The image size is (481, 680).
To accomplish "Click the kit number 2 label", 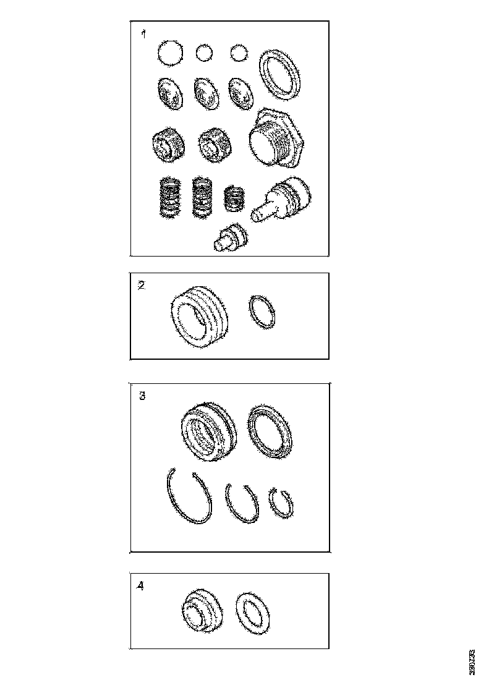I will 142,286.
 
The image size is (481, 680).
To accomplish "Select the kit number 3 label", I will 142,396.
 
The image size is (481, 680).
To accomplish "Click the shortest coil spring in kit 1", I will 233,198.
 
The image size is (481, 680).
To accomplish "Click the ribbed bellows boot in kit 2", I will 199,314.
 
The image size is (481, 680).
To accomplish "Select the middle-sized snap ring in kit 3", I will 241,503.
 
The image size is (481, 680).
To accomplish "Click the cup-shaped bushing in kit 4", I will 202,612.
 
